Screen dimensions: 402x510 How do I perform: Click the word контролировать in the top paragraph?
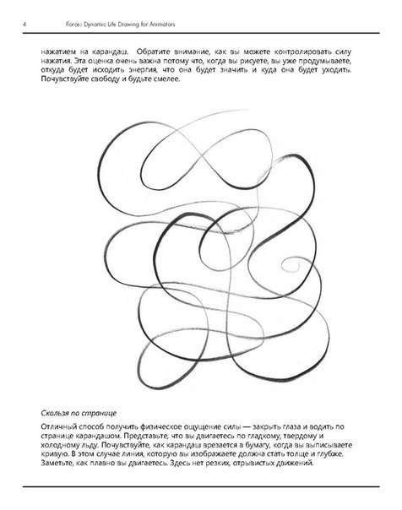point(317,52)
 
